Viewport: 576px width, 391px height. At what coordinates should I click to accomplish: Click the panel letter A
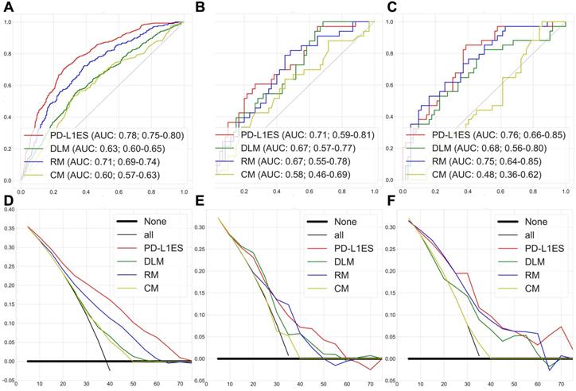click(x=7, y=7)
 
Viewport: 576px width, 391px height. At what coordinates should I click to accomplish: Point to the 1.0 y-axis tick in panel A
click(x=7, y=21)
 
